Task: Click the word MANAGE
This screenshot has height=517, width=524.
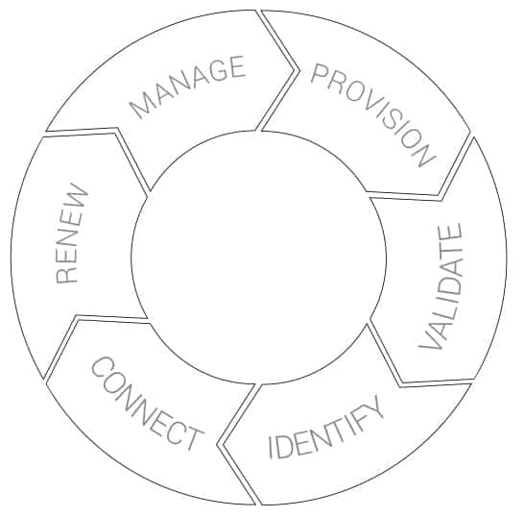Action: (188, 87)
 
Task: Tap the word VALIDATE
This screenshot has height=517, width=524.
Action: (441, 286)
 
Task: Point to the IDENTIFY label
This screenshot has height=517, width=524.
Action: (326, 428)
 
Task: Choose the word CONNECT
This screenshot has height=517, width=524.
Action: (148, 404)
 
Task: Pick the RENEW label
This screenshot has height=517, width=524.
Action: (72, 234)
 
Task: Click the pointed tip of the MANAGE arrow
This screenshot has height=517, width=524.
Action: (295, 70)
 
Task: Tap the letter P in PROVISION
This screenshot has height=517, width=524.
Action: (319, 75)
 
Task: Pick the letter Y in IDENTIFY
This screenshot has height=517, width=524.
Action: (373, 407)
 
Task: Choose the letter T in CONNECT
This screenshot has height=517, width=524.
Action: (193, 437)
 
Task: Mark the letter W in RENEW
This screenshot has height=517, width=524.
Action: (77, 196)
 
